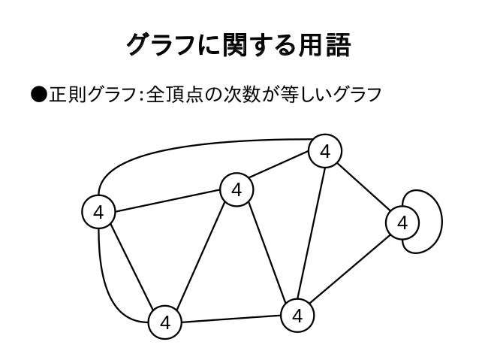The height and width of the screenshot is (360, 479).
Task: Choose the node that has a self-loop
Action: click(402, 222)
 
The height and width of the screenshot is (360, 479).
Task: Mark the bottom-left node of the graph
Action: click(165, 323)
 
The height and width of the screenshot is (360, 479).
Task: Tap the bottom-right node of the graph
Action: click(298, 315)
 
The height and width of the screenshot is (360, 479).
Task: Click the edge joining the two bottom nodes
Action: click(231, 319)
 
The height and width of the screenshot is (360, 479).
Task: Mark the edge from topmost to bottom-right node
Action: click(312, 233)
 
